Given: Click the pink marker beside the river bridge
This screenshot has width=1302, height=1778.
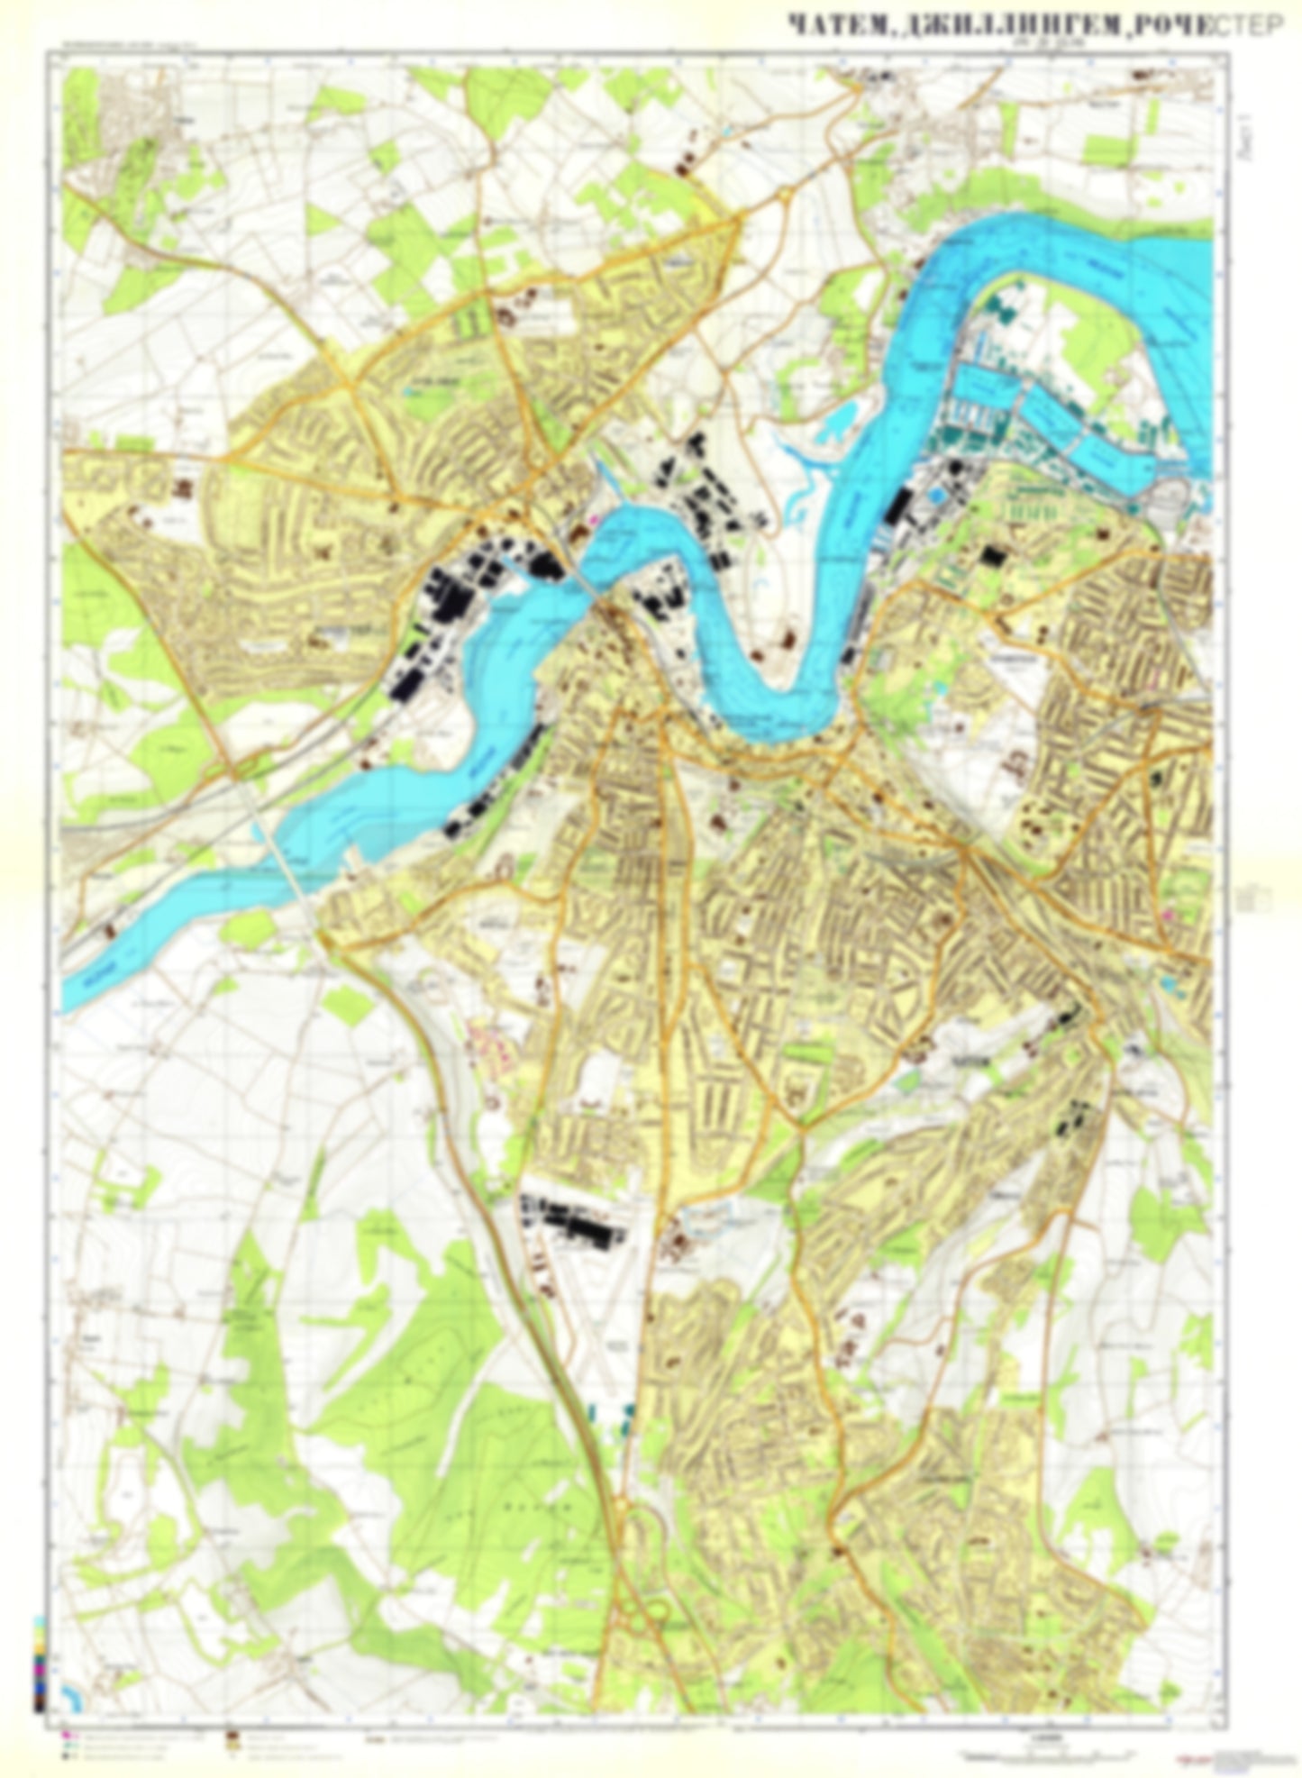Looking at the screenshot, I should coord(593,520).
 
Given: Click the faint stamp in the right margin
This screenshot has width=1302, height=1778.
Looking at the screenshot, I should coord(1254,898).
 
